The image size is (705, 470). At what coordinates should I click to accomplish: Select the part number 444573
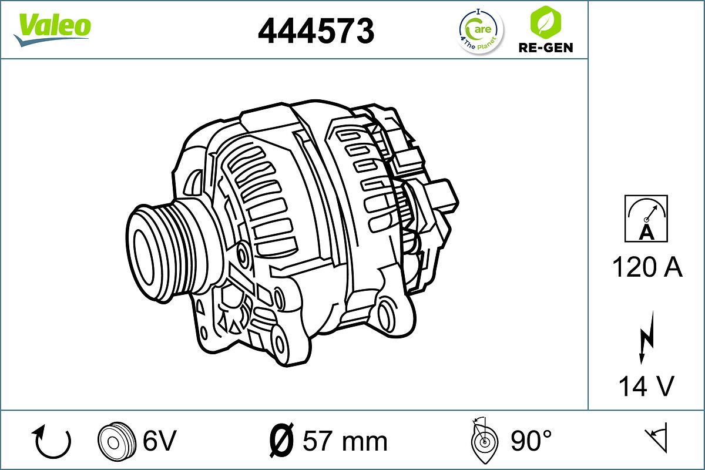316,31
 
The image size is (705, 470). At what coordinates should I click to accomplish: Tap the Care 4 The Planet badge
481,31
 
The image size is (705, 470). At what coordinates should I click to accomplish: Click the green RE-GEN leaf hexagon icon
545,22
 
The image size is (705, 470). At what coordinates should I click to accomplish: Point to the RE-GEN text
545,48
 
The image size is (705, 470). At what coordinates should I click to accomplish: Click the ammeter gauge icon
646,219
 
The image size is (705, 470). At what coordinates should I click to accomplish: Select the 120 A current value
647,268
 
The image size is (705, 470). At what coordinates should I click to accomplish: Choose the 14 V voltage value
646,386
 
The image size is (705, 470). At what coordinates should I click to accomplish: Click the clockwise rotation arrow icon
53,442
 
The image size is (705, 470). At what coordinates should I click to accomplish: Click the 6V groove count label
159,441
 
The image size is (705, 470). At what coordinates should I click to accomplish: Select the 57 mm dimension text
345,441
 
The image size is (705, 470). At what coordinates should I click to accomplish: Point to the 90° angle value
531,441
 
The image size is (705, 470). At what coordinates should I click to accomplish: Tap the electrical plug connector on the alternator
438,197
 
